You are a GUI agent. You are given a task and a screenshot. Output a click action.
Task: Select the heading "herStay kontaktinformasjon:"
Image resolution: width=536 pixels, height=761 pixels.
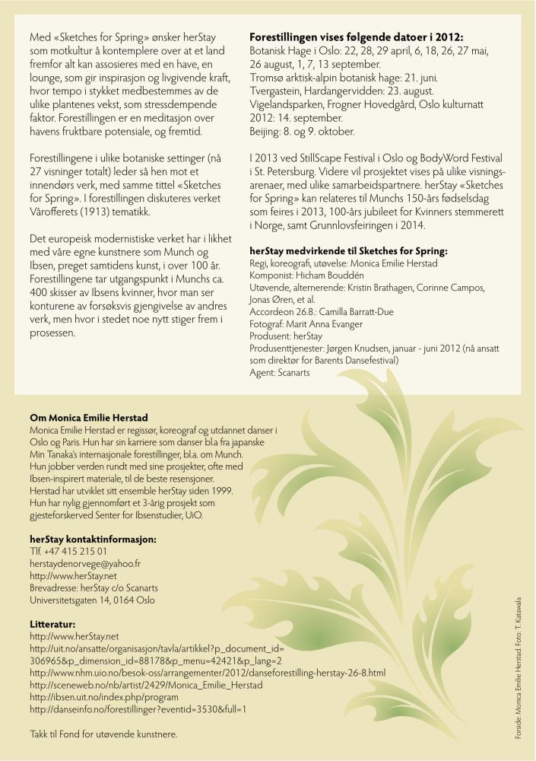(93, 539)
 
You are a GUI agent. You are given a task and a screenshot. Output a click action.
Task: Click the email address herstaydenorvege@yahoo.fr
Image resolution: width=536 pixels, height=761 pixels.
(85, 563)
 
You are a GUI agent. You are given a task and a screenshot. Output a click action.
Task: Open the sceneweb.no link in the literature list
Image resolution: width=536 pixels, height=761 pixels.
(146, 685)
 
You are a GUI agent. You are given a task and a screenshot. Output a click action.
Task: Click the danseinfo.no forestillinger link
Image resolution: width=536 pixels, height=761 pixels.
(138, 709)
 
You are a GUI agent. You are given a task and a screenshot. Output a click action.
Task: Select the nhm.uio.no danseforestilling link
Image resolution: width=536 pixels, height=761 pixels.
(208, 673)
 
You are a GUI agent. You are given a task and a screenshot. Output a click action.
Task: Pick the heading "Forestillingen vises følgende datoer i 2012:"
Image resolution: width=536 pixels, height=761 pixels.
(356, 37)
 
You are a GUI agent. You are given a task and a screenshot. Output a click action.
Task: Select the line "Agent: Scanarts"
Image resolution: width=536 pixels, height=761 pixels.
(280, 373)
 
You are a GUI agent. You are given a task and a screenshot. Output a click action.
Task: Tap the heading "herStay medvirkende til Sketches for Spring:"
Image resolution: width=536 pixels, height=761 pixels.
(348, 250)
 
